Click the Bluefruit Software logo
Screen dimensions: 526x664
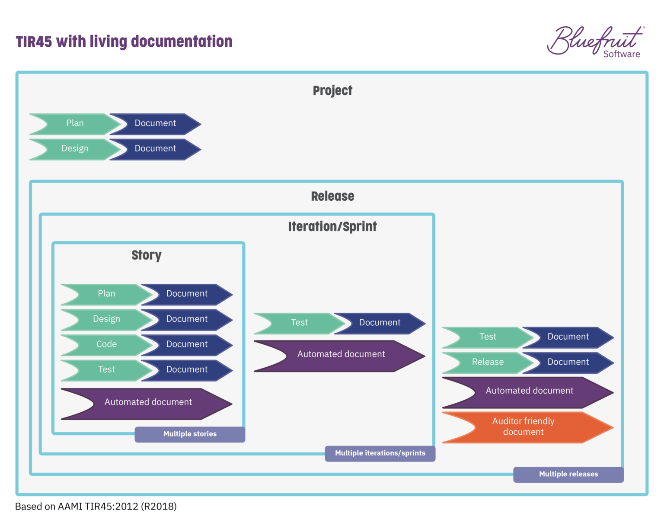596,42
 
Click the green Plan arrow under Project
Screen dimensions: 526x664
74,124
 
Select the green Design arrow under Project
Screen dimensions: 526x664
74,149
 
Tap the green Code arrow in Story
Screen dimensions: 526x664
106,344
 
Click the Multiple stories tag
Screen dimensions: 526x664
190,434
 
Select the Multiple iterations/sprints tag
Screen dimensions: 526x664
380,453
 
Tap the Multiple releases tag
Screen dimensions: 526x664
568,474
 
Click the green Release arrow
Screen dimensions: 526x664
487,362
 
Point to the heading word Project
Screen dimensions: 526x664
332,90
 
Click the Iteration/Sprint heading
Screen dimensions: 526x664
332,226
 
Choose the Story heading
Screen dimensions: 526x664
147,255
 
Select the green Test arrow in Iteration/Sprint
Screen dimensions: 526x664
299,323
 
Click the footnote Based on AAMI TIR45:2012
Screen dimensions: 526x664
96,506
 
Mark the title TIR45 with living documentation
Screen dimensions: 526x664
124,42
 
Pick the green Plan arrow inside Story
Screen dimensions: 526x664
106,294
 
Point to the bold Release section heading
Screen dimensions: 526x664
332,196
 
